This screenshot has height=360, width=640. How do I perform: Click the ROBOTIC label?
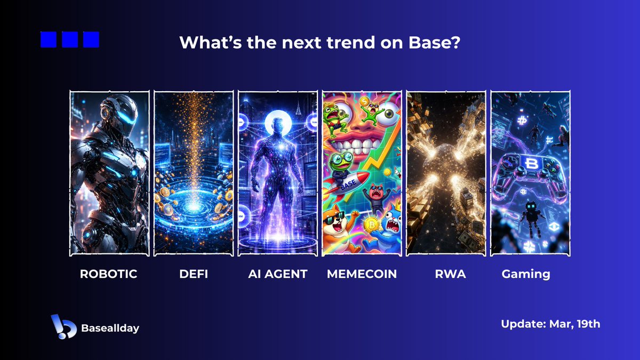click(108, 274)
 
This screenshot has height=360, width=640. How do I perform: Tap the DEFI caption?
click(193, 274)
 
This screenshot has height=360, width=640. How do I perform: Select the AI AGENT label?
click(278, 274)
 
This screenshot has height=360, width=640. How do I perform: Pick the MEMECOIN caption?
click(362, 274)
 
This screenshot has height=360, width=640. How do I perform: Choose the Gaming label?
click(526, 274)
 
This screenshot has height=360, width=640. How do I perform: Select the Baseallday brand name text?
click(111, 328)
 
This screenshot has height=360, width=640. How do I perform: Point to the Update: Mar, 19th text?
click(550, 324)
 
